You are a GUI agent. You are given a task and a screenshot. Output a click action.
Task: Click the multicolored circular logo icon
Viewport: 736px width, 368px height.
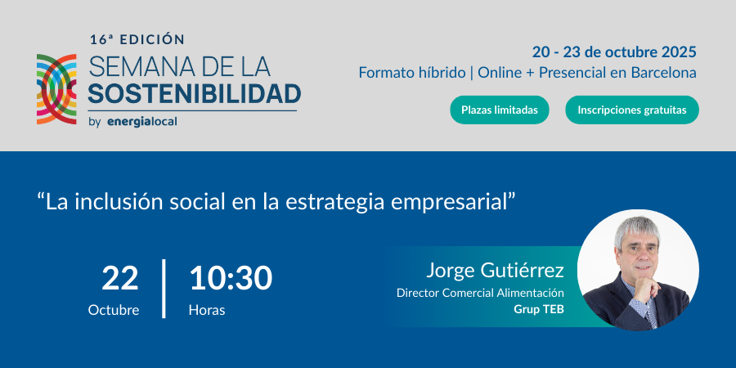coord(56,89)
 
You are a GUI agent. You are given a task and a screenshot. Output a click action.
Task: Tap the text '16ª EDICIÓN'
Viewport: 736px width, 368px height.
coord(137,40)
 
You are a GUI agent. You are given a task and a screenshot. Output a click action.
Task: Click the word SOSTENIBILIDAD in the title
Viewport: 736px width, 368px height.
coord(195,94)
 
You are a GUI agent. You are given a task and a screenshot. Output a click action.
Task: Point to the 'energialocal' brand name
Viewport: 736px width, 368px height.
coord(142,122)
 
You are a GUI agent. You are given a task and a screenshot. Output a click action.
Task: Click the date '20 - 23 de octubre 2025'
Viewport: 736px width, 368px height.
coord(614,52)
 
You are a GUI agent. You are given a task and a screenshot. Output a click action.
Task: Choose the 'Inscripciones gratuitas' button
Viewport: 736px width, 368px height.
coord(632,110)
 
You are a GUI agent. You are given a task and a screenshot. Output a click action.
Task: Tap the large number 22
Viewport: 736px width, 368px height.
coord(119,278)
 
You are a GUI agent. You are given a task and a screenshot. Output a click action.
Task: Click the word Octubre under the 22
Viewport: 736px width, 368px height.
coord(114,310)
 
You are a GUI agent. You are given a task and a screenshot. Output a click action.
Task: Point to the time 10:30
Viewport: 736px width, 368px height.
coord(231,278)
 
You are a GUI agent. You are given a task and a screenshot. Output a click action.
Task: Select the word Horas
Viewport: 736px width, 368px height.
coord(207,310)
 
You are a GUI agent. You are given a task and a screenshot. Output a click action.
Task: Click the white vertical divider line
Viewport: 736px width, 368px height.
coord(164,288)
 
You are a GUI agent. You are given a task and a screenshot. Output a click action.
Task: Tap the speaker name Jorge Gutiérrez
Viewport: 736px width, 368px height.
coord(495,271)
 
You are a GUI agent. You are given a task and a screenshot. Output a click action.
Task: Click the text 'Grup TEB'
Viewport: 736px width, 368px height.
coord(539,309)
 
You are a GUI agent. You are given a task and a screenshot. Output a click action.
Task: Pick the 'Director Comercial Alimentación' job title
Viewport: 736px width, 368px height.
coord(480,293)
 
